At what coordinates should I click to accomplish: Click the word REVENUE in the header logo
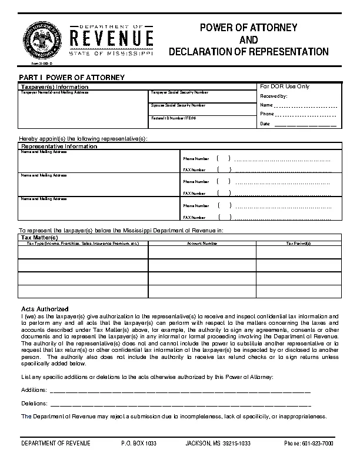click(x=112, y=39)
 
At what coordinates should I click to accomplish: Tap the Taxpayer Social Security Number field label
click(x=179, y=92)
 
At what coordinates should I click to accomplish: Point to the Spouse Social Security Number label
click(x=178, y=105)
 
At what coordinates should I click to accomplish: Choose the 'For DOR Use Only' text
click(x=285, y=86)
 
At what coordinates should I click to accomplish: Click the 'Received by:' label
click(x=274, y=95)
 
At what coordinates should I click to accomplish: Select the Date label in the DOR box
click(x=265, y=124)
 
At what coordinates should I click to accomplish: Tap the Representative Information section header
click(x=59, y=146)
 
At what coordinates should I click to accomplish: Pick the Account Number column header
click(x=202, y=243)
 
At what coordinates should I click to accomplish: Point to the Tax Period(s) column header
click(x=298, y=243)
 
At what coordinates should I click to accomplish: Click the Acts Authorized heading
click(x=45, y=309)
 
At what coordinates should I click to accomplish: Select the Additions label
click(x=34, y=390)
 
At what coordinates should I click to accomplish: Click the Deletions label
click(x=34, y=404)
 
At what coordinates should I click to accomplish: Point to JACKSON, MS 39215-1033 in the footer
click(x=218, y=443)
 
